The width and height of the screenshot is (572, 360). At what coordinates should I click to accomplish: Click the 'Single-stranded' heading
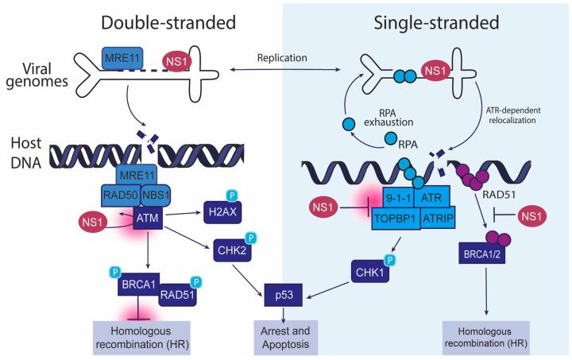(x=428, y=21)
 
